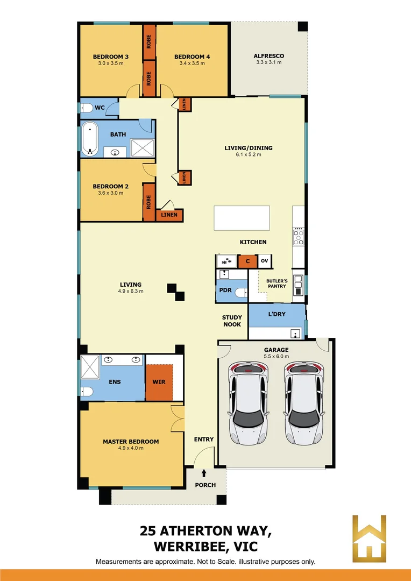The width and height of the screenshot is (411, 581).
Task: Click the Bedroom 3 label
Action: (110, 56)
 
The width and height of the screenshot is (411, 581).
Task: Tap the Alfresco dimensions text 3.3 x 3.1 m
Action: (268, 63)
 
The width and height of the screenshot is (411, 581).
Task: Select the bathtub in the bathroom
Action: (90, 139)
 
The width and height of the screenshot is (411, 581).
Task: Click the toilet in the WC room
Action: (87, 108)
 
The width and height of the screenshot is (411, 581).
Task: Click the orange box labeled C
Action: (247, 261)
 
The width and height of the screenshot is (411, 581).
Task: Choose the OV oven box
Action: (264, 261)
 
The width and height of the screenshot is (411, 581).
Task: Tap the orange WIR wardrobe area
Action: (159, 382)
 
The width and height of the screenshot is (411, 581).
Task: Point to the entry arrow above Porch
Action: (204, 473)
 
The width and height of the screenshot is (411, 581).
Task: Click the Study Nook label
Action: (232, 321)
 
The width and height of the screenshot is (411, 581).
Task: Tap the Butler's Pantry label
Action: (277, 284)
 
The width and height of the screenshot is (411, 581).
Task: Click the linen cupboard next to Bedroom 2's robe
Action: (169, 215)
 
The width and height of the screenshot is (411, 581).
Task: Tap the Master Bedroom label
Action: (131, 442)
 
